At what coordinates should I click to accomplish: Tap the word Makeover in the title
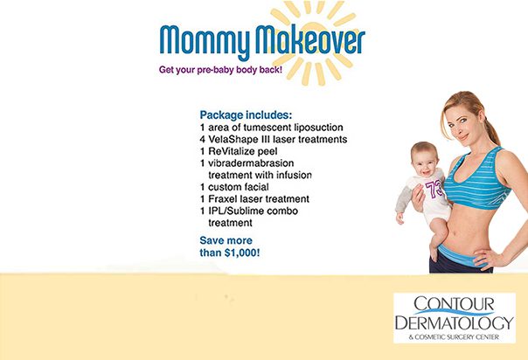[x=310, y=39]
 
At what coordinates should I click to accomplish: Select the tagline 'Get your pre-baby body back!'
[x=220, y=70]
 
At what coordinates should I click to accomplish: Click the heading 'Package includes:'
[x=246, y=115]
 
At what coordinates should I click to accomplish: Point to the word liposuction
[x=318, y=128]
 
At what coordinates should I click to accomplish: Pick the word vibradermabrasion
[x=251, y=163]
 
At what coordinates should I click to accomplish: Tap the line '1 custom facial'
[x=234, y=187]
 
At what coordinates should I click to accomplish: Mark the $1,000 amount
[x=242, y=253]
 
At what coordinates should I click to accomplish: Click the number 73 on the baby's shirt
[x=434, y=190]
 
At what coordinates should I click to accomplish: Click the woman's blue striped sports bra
[x=476, y=180]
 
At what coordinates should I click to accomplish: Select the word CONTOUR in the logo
[x=454, y=304]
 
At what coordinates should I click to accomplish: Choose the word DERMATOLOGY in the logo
[x=455, y=322]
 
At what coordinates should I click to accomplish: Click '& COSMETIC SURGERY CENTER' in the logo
[x=454, y=336]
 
